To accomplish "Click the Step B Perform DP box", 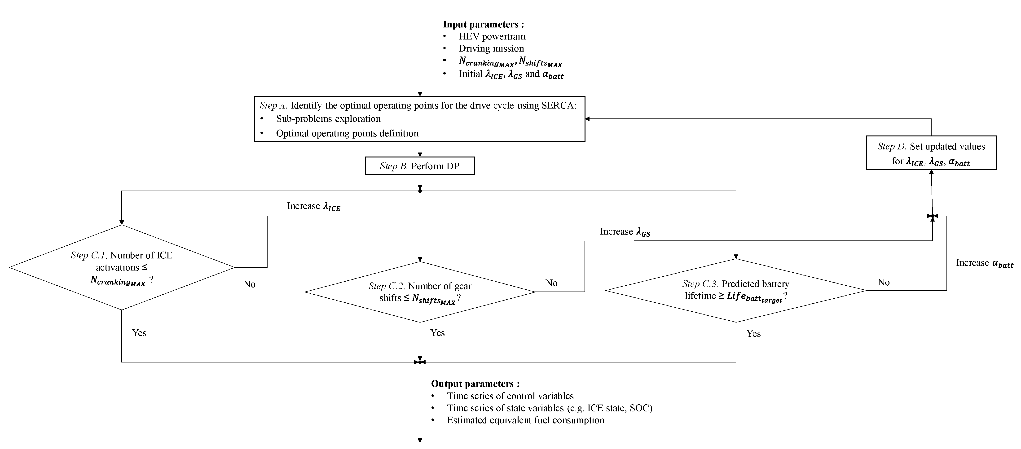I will (419, 166).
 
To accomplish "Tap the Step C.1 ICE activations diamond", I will (122, 267).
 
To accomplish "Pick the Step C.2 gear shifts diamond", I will (420, 292).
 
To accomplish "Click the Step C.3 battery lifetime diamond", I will (736, 291).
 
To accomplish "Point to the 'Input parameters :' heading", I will (483, 25).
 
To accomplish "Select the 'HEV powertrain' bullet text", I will (492, 36).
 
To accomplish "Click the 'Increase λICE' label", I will (313, 206).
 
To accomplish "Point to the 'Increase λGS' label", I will (625, 232).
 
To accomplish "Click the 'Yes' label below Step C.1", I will (139, 333).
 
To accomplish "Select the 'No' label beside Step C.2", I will (551, 283).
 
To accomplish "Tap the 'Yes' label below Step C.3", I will (753, 334).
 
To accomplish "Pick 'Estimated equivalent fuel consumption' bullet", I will (526, 420).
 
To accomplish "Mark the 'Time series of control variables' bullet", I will (510, 396).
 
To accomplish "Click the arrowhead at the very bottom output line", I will (420, 440).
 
